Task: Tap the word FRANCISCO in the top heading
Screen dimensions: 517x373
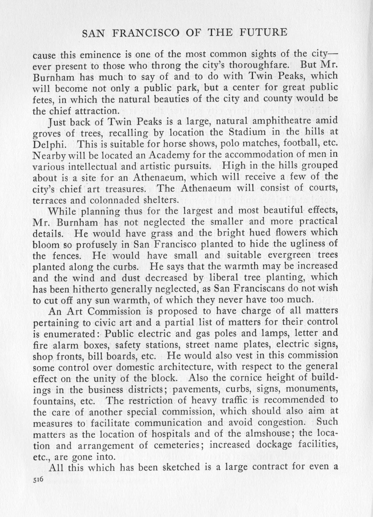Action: point(144,33)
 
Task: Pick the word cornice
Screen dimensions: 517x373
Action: point(243,378)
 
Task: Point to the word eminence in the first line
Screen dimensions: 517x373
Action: point(97,54)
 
